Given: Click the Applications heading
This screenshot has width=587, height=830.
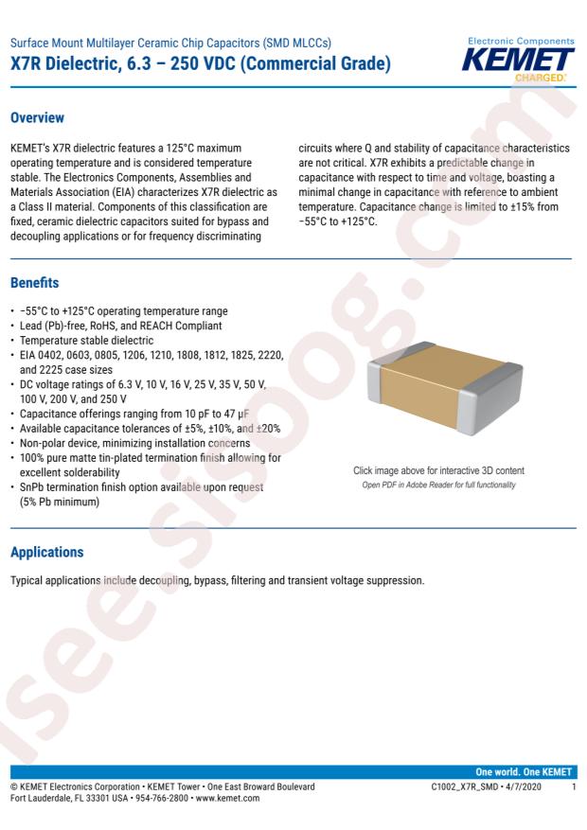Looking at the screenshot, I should point(47,551).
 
